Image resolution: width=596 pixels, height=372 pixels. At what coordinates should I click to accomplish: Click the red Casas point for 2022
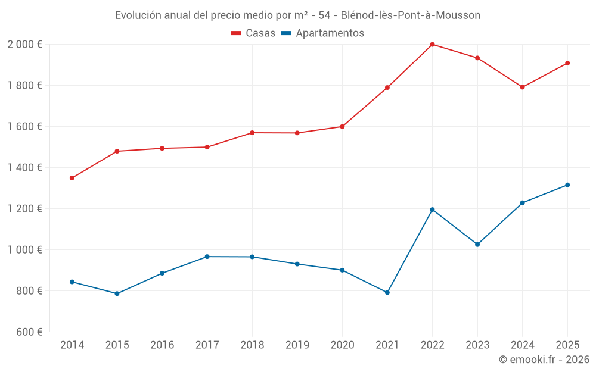pyautogui.click(x=432, y=45)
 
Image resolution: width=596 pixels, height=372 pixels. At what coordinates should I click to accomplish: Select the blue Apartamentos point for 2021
pyautogui.click(x=387, y=293)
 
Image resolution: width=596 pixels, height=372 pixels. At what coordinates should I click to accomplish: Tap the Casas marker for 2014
pyautogui.click(x=72, y=178)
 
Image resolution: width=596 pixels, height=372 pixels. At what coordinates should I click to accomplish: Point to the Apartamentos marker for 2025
pyautogui.click(x=567, y=185)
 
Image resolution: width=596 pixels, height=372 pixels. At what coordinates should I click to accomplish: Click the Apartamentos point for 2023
pyautogui.click(x=477, y=245)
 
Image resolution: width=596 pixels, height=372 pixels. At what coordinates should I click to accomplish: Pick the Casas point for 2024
pyautogui.click(x=522, y=87)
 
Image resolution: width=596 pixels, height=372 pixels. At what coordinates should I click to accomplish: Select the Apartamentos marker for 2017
pyautogui.click(x=207, y=257)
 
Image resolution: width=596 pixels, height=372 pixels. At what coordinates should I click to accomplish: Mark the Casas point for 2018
pyautogui.click(x=252, y=133)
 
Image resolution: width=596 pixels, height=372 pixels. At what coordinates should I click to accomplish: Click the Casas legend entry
pyautogui.click(x=253, y=33)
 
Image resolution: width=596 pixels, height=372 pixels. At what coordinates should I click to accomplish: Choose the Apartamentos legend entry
pyautogui.click(x=322, y=33)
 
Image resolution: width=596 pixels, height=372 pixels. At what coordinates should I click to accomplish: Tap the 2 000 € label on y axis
pyautogui.click(x=24, y=45)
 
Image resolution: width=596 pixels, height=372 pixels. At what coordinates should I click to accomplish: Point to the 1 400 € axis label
pyautogui.click(x=24, y=168)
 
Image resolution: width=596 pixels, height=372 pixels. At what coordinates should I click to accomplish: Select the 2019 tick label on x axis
pyautogui.click(x=297, y=345)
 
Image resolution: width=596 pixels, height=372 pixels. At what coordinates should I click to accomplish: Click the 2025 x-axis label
pyautogui.click(x=567, y=345)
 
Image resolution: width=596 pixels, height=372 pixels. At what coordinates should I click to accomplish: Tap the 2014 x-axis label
pyautogui.click(x=72, y=345)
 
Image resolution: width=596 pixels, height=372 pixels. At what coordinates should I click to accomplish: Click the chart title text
pyautogui.click(x=297, y=15)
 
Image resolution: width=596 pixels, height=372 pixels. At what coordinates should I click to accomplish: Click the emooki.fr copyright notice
pyautogui.click(x=544, y=360)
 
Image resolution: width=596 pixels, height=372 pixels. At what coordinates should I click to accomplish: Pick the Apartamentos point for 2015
pyautogui.click(x=117, y=293)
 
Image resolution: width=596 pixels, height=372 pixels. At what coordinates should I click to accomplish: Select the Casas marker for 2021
pyautogui.click(x=387, y=87)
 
